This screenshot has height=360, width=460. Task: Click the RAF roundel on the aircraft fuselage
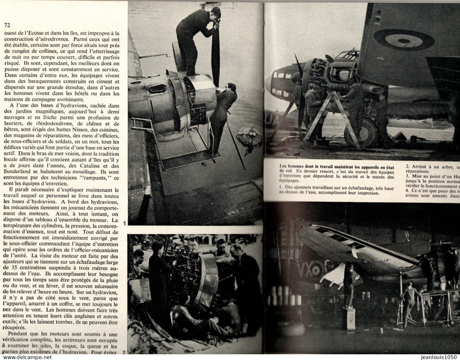(413, 41)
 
